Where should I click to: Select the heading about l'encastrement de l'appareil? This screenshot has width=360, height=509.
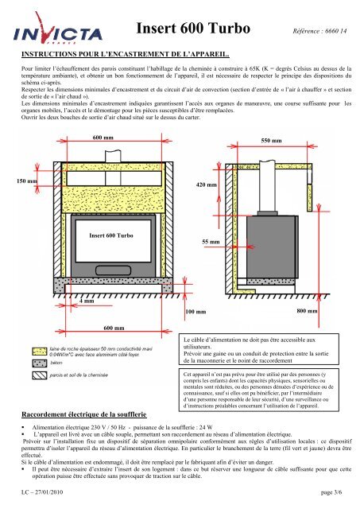125,56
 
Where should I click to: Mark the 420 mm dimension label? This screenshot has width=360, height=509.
206,185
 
